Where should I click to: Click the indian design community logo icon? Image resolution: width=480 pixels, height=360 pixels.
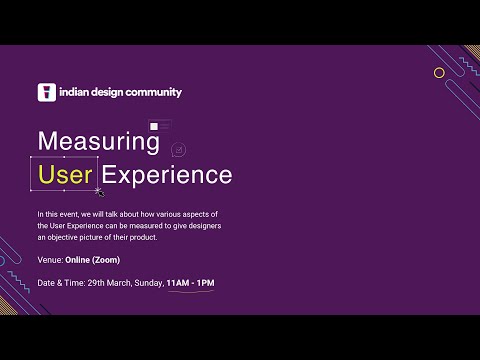coord(45,92)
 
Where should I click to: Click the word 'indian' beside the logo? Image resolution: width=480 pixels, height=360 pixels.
coord(71,93)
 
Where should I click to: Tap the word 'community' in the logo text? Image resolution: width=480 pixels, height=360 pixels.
coord(152,93)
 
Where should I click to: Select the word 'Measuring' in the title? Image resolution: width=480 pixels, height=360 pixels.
coord(98,141)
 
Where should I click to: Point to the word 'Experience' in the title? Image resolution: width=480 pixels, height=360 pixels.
coord(168,175)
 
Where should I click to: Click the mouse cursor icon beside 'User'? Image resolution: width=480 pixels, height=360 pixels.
coord(99,190)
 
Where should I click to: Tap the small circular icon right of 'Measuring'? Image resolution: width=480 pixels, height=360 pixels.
coord(178,149)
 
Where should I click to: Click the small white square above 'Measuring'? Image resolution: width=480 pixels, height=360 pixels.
coord(153,126)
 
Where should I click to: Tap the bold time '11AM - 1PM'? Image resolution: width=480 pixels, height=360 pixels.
coord(190,283)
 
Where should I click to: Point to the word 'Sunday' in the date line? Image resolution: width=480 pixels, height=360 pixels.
coord(148,283)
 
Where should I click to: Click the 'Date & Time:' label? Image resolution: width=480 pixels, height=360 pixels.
coord(60,283)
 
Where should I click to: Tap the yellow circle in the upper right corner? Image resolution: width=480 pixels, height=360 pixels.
coord(438,72)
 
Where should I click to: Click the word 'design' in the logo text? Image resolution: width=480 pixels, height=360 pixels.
coord(105,93)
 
